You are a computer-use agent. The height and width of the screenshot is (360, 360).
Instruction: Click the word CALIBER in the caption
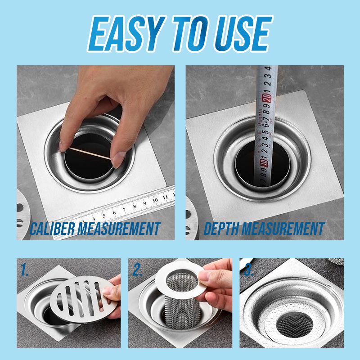54,229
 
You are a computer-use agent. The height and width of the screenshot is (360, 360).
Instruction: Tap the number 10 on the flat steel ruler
155,200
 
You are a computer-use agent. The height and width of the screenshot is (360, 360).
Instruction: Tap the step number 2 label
138,270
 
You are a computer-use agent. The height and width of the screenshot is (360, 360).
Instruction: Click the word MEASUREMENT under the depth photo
283,229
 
